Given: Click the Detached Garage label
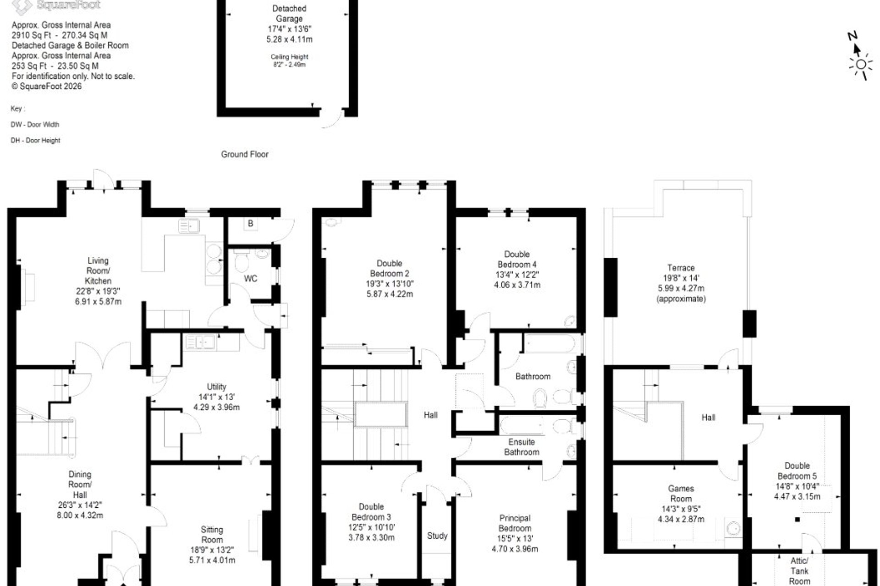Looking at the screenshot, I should click(289, 14).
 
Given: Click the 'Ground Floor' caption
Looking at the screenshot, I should click(245, 154).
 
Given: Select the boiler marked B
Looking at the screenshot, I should click(250, 223).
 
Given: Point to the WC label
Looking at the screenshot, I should click(250, 278).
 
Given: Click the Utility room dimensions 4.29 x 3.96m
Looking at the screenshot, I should click(216, 407).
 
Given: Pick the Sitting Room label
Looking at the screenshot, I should click(212, 534).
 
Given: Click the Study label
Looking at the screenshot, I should click(437, 536).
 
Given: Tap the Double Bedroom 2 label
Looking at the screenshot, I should click(390, 268).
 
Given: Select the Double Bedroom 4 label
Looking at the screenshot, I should click(517, 259).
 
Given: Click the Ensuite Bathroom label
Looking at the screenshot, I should click(522, 447).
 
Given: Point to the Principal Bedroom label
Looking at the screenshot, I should click(515, 523).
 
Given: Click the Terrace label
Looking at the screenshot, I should click(681, 268).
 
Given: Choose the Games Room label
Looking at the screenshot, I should click(681, 494).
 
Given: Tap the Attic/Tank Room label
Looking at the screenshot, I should click(799, 571).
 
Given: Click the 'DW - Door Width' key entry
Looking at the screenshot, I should click(35, 125).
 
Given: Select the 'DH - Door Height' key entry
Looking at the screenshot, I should click(36, 141).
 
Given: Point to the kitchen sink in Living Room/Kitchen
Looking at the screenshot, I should click(188, 226).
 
